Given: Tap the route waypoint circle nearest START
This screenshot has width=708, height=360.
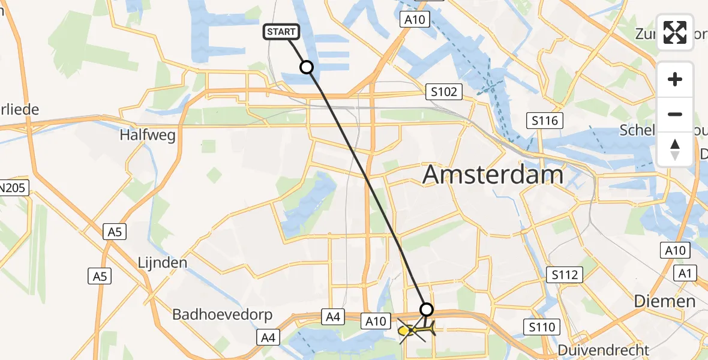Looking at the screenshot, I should [x=307, y=67].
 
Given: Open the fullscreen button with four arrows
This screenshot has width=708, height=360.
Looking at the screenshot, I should [x=675, y=32].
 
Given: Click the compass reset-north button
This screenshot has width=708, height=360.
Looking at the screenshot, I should [x=675, y=149].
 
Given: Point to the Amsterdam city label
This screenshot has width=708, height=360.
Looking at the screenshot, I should [x=493, y=175].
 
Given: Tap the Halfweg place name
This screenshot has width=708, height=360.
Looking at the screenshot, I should [x=148, y=135].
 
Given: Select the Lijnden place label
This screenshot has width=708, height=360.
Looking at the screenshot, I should [x=163, y=263].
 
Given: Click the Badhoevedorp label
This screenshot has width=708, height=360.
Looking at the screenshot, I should [x=222, y=314].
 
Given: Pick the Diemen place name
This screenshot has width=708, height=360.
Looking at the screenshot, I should [x=665, y=301].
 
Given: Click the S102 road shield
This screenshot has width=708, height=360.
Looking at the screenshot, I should [x=444, y=92].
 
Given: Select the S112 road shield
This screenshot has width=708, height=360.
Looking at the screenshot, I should [x=566, y=275].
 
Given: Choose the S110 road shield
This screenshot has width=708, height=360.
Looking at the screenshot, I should [x=541, y=327].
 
